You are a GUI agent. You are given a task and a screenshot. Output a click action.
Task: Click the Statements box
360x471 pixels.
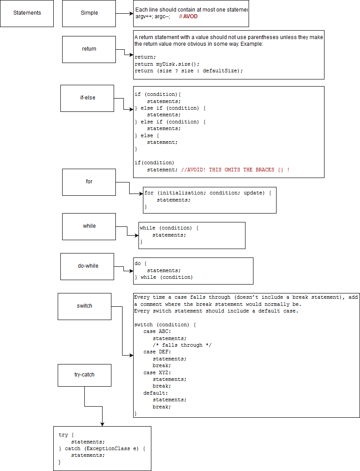(x=27, y=13)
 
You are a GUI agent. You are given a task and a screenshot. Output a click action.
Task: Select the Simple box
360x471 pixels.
(x=89, y=13)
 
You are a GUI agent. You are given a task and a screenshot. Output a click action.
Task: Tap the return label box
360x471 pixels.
(x=89, y=49)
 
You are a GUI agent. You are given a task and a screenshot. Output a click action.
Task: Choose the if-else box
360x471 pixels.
(x=87, y=98)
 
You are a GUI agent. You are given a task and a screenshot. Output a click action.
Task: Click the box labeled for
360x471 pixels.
(x=89, y=182)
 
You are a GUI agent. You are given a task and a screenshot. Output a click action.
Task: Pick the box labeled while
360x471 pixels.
(x=89, y=226)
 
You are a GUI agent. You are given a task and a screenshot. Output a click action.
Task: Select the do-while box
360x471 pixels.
(x=87, y=266)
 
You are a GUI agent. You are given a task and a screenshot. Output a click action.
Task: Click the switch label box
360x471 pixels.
(x=84, y=306)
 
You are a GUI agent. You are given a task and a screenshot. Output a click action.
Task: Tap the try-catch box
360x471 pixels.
(x=84, y=375)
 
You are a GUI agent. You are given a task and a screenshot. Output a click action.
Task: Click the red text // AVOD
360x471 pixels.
(x=188, y=16)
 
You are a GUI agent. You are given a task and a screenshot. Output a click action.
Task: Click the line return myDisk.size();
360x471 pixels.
(x=167, y=64)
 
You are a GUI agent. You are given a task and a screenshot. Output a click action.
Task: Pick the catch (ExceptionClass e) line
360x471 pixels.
(x=102, y=448)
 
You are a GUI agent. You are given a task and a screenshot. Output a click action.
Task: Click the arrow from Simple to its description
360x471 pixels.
(x=124, y=13)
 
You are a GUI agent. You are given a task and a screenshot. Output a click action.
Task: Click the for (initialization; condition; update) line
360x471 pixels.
(x=207, y=193)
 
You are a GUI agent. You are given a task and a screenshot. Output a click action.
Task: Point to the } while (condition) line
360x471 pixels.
(x=164, y=277)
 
